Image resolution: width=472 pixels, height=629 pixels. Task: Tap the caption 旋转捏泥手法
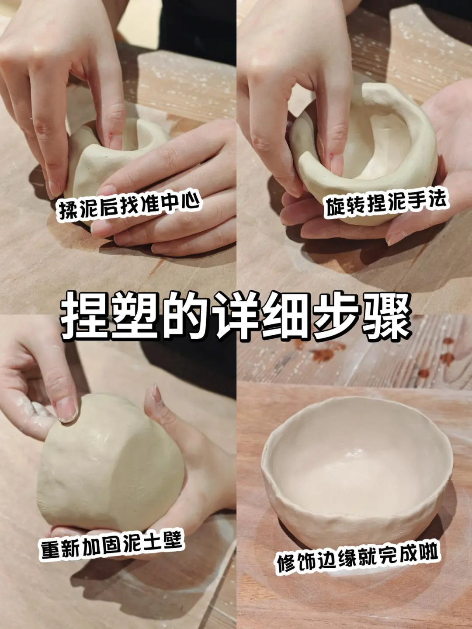click(385, 202)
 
